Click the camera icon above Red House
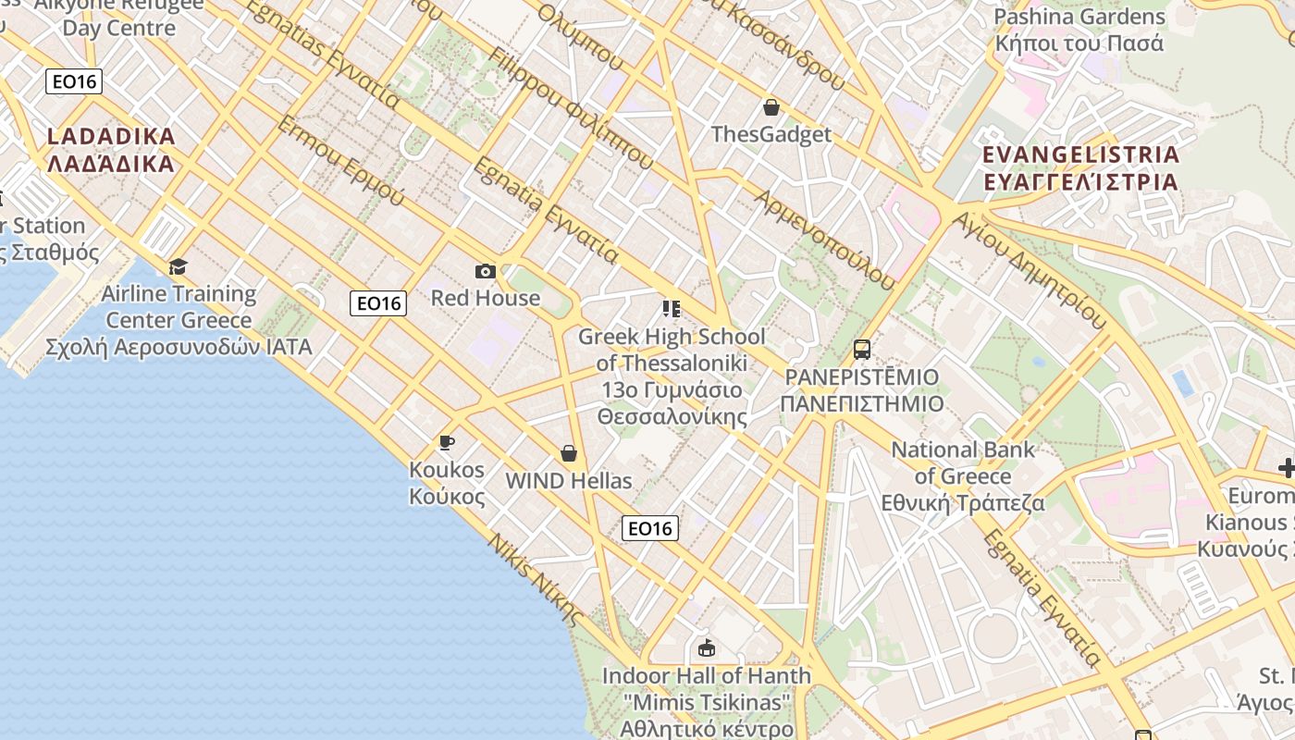486,271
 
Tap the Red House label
486,298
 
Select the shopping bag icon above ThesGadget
771,107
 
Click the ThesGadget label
771,134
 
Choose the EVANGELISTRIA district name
1080,167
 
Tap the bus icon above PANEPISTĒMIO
861,350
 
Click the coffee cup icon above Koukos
447,443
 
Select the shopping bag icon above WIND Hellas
569,453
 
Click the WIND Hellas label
569,481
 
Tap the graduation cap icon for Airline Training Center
178,267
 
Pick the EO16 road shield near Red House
378,302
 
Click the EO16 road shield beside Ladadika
74,81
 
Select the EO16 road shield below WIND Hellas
650,528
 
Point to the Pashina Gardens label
1079,30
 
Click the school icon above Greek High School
672,309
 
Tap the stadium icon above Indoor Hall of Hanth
707,647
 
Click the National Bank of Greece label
962,476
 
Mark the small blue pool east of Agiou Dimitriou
1182,382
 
